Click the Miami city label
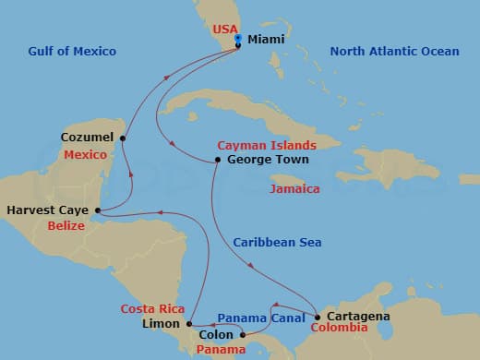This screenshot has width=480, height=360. pyautogui.click(x=266, y=41)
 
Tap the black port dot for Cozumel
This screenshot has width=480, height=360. pyautogui.click(x=123, y=138)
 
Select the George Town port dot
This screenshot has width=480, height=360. pyautogui.click(x=217, y=160)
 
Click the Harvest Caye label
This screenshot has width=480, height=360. pyautogui.click(x=47, y=210)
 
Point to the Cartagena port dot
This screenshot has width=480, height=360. pyautogui.click(x=317, y=317)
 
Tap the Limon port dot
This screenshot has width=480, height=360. pyautogui.click(x=189, y=324)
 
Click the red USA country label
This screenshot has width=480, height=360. pyautogui.click(x=225, y=29)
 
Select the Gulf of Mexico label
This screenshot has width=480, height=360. pyautogui.click(x=73, y=52)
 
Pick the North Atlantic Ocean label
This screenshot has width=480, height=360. pyautogui.click(x=394, y=52)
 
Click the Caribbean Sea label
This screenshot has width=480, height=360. pyautogui.click(x=277, y=242)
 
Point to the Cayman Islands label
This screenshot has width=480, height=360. pyautogui.click(x=267, y=146)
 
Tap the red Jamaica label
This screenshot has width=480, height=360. pyautogui.click(x=295, y=189)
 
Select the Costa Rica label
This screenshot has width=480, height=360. pyautogui.click(x=152, y=308)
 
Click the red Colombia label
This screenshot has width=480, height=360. pyautogui.click(x=339, y=328)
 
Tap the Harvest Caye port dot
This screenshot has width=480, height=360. pyautogui.click(x=98, y=210)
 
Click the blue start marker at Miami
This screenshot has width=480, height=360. pyautogui.click(x=238, y=39)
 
